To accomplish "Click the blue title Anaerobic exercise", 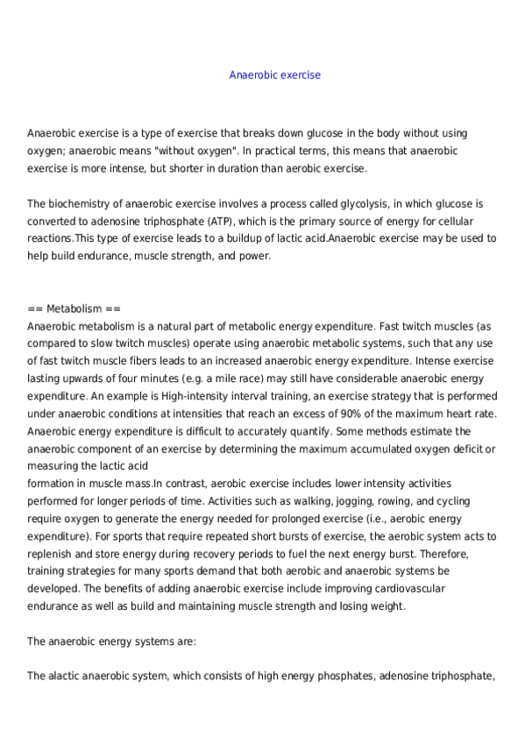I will tap(274, 75).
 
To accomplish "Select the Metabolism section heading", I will tap(74, 309).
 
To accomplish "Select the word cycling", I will tap(445, 501).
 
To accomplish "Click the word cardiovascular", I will tap(424, 589).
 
